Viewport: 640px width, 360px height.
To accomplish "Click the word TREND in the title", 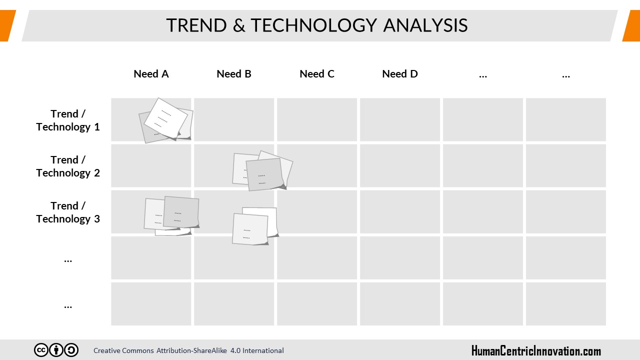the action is pos(196,25).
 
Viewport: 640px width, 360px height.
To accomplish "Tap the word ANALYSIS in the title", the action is pos(425,25).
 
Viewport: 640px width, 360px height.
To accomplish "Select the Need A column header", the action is pos(151,74).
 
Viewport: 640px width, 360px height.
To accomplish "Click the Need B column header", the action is pos(234,74).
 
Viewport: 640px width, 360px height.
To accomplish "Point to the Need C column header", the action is pos(317,74).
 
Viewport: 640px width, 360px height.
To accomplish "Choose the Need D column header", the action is pos(400,74).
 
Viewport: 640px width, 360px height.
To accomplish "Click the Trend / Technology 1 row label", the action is pos(68,120).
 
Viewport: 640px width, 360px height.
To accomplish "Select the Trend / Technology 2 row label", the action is pos(68,166).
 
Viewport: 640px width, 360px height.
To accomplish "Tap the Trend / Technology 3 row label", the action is pos(68,212).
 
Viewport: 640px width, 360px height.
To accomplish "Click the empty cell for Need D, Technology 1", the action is pos(400,119).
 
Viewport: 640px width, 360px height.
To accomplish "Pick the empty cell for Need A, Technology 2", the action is pos(151,165).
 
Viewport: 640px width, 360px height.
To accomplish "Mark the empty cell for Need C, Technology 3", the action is pos(317,211).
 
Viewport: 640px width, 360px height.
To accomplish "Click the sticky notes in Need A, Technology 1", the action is pos(165,120).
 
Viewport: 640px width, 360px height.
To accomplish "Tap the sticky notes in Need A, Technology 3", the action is pos(171,216).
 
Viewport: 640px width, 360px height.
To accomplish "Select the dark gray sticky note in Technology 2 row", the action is pos(265,174).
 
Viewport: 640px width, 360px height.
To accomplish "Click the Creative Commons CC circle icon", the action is pos(41,350).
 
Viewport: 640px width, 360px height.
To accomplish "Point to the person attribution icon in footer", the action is pos(56,350).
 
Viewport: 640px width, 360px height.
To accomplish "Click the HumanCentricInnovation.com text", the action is pos(536,351).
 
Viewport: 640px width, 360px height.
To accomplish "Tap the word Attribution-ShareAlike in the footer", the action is pos(191,350).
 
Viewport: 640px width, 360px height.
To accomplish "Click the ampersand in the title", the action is pos(239,25).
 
